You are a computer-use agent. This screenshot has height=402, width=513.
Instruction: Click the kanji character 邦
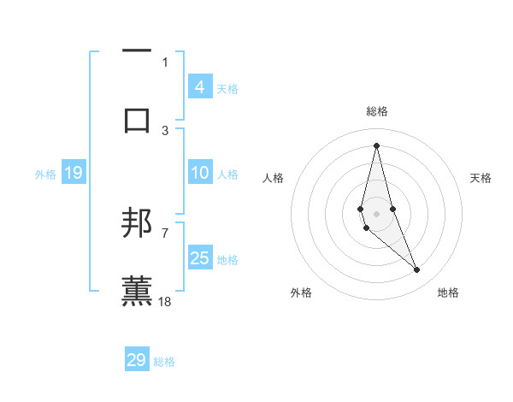(137, 224)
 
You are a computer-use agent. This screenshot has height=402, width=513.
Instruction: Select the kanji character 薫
(137, 291)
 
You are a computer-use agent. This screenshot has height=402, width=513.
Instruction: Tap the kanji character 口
(137, 119)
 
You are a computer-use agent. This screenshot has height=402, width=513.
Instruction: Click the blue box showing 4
(199, 87)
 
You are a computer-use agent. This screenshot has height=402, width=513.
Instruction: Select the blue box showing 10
(199, 173)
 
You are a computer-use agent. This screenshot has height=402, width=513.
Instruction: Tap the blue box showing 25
(199, 258)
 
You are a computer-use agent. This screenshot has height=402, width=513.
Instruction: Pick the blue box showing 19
(73, 173)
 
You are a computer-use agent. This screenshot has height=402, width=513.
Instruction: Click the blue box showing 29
(137, 360)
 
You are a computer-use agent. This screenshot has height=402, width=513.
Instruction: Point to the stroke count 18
(165, 301)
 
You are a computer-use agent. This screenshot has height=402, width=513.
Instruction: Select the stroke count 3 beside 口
(165, 130)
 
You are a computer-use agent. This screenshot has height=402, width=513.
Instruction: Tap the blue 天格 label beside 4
(227, 88)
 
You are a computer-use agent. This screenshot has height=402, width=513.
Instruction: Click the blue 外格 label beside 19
(45, 174)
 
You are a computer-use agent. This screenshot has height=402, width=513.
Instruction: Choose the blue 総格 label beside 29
(164, 361)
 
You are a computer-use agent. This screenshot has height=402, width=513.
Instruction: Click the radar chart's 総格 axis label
(376, 111)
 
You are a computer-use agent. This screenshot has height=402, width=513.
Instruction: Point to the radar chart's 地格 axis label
(448, 293)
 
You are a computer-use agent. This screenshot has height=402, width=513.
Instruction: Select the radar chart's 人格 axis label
(273, 178)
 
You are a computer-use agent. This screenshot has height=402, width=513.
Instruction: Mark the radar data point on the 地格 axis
(417, 270)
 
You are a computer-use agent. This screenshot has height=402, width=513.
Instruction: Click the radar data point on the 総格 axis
(376, 145)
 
